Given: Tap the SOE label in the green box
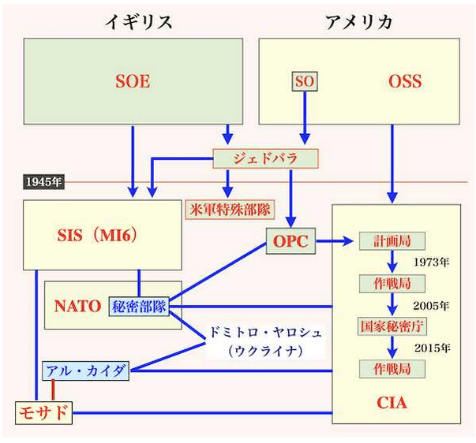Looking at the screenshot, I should (x=132, y=81).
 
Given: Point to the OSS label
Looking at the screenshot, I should (x=405, y=81).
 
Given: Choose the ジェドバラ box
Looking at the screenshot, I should (x=265, y=158).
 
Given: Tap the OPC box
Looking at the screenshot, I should (x=290, y=241).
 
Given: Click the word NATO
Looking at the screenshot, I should (x=77, y=306).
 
